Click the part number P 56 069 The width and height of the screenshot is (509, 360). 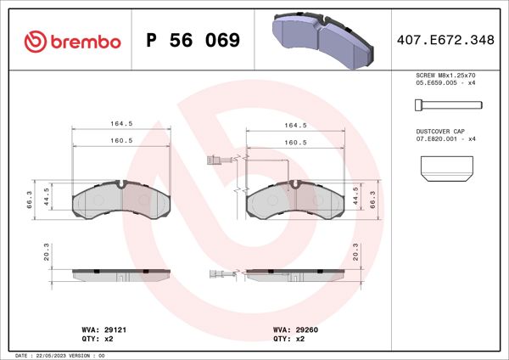coord(193,41)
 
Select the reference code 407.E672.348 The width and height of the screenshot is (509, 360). coord(445,40)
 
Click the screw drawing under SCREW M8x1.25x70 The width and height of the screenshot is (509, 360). coord(447,105)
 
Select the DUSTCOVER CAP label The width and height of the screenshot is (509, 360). coord(439,132)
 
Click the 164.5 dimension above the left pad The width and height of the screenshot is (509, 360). coord(120,124)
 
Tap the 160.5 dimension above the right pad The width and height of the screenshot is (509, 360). coord(294,142)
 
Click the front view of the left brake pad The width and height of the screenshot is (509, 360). coord(121,200)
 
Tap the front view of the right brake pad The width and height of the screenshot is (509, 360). coord(294,200)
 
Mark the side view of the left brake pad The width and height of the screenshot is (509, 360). coord(121,274)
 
